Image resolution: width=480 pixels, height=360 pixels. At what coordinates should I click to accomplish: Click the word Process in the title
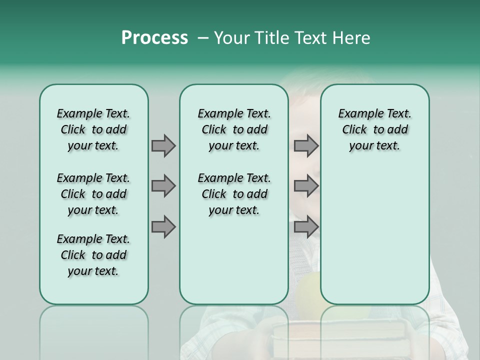tap(154, 38)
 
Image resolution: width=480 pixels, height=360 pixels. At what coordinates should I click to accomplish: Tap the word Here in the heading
tap(352, 38)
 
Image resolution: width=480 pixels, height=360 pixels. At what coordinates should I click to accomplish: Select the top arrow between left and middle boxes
tap(163, 145)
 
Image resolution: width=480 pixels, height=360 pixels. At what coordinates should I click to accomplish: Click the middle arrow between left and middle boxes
tap(163, 186)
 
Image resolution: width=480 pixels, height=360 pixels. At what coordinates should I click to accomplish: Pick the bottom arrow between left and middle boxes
tap(163, 226)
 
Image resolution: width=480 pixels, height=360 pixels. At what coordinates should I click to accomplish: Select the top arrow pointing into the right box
tap(306, 145)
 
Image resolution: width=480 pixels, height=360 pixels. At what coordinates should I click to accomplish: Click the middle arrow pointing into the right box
tap(306, 186)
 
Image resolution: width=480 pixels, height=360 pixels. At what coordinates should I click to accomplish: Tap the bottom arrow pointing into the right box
tap(306, 226)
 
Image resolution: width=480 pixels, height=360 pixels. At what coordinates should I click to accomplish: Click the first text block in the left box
tap(93, 129)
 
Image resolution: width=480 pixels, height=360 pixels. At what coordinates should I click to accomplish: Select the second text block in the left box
tap(93, 194)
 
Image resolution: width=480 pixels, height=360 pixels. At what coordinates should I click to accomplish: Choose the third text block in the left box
tap(93, 255)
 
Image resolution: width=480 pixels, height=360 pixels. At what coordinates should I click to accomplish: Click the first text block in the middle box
tap(234, 129)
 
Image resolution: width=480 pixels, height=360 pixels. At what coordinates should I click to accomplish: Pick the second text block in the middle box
tap(234, 194)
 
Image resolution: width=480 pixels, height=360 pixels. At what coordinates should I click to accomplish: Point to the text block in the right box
tap(374, 129)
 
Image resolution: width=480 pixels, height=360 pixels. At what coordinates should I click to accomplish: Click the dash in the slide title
tap(203, 38)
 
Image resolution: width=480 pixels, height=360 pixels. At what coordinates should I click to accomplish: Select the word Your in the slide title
tap(230, 38)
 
